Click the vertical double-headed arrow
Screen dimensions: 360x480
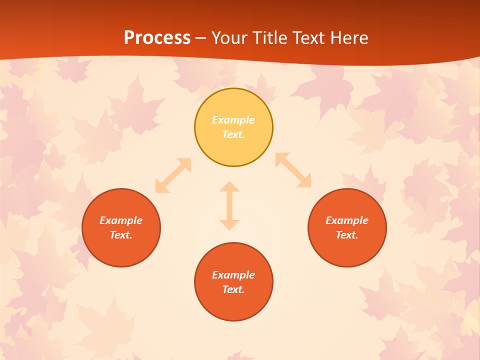pos(229,205)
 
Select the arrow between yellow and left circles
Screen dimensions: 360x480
pos(173,175)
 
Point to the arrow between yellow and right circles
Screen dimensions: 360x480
pos(293,170)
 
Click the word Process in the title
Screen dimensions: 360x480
pos(157,37)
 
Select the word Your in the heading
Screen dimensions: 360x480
pos(229,37)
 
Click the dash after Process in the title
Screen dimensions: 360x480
pos(201,38)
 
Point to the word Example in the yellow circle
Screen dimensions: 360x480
pos(233,120)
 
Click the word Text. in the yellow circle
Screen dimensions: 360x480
pos(233,134)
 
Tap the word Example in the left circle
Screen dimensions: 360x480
pos(121,220)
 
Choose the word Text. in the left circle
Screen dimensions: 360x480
pos(121,235)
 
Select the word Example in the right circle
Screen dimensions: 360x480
pos(347,220)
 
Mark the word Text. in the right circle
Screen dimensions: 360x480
pos(347,235)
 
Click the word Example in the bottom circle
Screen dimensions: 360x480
pos(233,275)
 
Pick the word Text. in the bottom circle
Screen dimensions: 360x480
pos(233,289)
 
